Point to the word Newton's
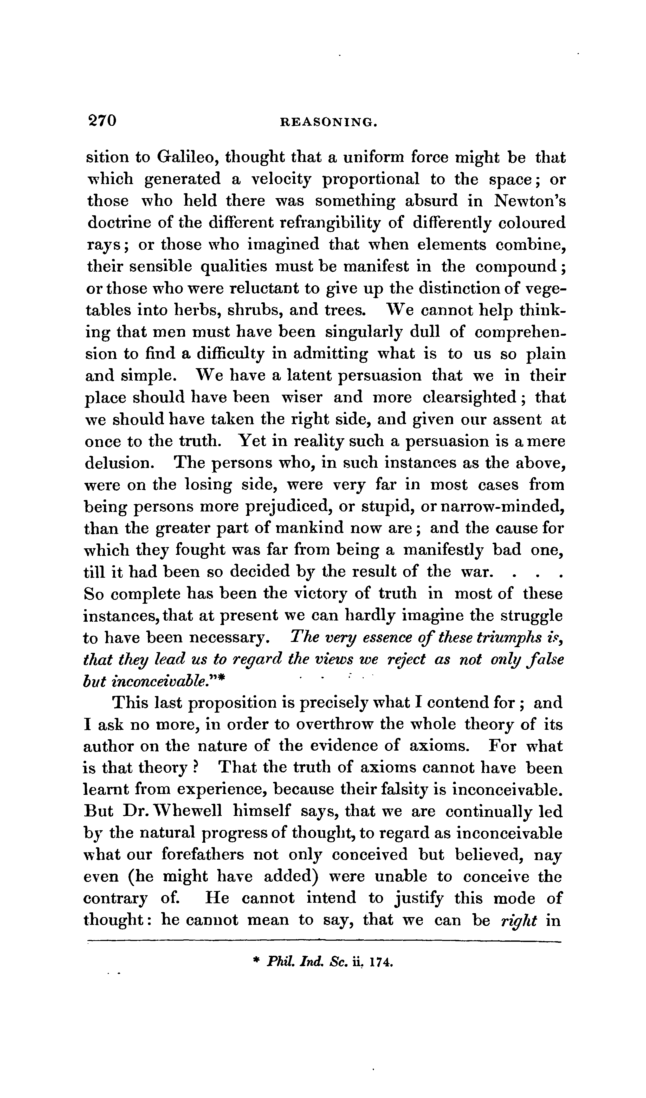tap(530, 200)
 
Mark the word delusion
tap(118, 462)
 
